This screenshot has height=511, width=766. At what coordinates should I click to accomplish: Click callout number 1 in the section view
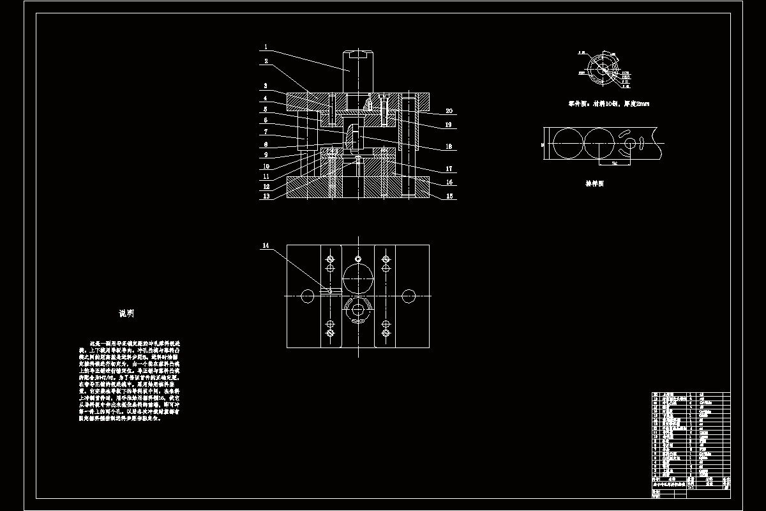(x=266, y=47)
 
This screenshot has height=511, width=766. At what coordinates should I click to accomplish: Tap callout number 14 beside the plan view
(x=266, y=245)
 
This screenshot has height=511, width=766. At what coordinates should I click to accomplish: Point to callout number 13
(x=266, y=196)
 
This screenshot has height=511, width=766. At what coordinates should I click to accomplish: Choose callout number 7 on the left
(x=266, y=132)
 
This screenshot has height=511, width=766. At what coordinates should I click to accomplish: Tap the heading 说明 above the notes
(x=126, y=314)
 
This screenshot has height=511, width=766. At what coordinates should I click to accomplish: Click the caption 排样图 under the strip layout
(x=595, y=183)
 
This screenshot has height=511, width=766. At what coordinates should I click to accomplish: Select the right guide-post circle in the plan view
(x=409, y=296)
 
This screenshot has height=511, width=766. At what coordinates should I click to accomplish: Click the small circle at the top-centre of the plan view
(x=358, y=258)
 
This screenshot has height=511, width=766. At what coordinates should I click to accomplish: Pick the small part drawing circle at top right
(x=600, y=68)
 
